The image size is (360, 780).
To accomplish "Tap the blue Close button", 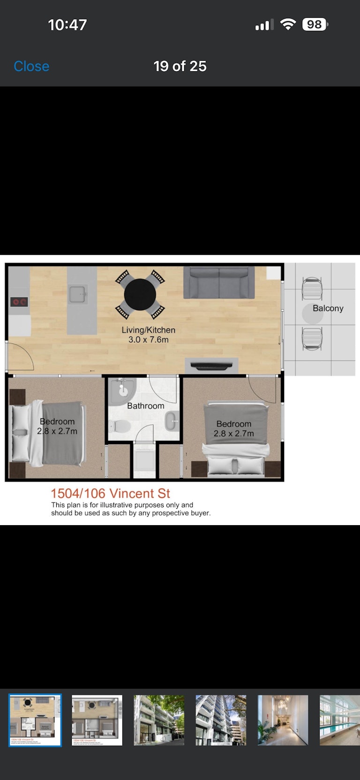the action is (x=31, y=66).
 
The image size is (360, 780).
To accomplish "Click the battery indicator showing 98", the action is (x=315, y=24).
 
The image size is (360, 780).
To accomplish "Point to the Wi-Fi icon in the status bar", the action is (x=288, y=24).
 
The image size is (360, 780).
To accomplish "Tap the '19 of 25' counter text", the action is (x=180, y=66).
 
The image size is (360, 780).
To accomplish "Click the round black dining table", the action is (x=140, y=295).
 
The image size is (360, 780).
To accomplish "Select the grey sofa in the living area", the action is (x=219, y=282).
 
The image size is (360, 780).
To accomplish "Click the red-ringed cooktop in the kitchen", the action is (x=19, y=302).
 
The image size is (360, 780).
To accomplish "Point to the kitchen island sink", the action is (x=77, y=294).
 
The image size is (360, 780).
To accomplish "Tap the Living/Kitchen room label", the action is (x=149, y=330).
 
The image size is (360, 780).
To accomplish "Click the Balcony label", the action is (x=328, y=308).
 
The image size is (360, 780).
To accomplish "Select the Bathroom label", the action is (x=146, y=406).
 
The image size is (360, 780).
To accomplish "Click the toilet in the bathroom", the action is (x=120, y=425).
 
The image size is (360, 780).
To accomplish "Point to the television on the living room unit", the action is (x=211, y=366).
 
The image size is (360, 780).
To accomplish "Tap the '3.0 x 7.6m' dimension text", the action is (x=149, y=340).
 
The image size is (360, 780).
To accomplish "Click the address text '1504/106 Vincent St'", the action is (x=111, y=493).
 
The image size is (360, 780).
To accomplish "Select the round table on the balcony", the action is (x=313, y=314).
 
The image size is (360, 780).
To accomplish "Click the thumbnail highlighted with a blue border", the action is (x=35, y=720).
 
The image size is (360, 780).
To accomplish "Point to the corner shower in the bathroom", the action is (x=121, y=392).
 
